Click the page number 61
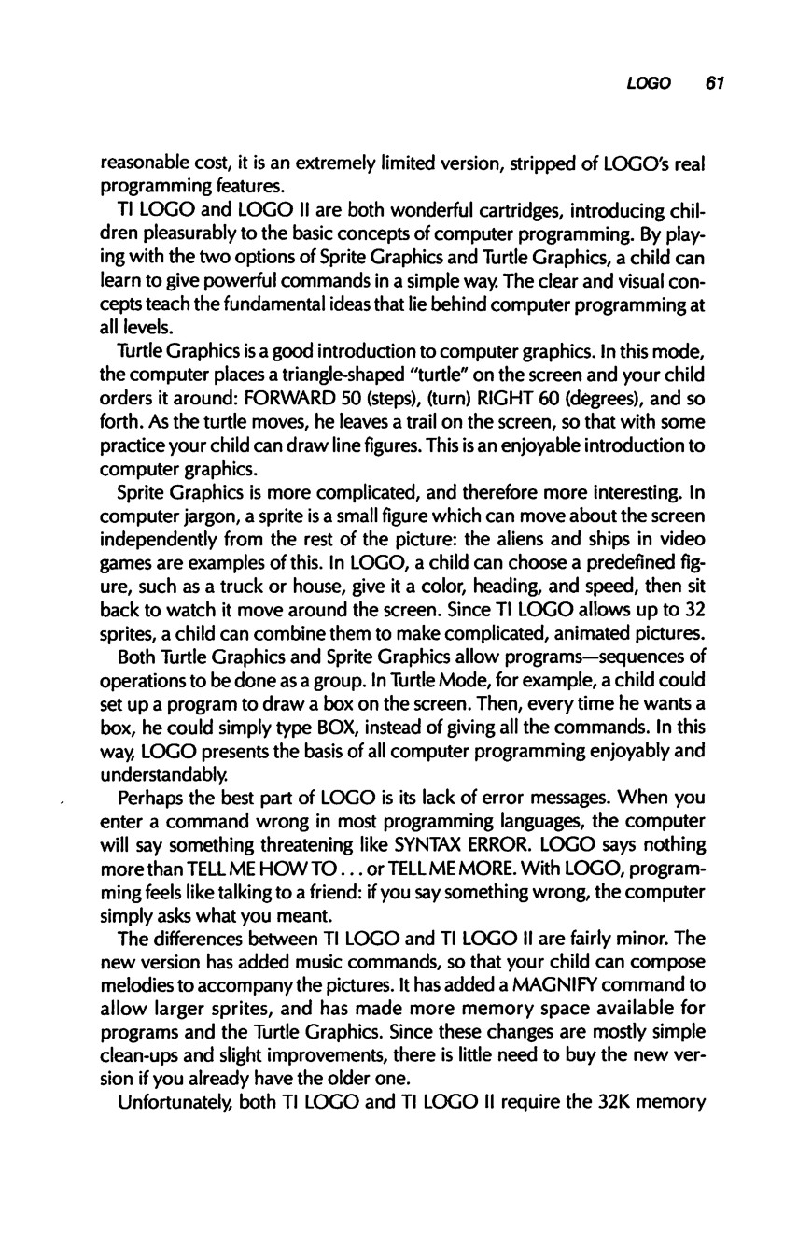point(715,83)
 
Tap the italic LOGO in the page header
point(649,83)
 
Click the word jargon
point(203,516)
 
